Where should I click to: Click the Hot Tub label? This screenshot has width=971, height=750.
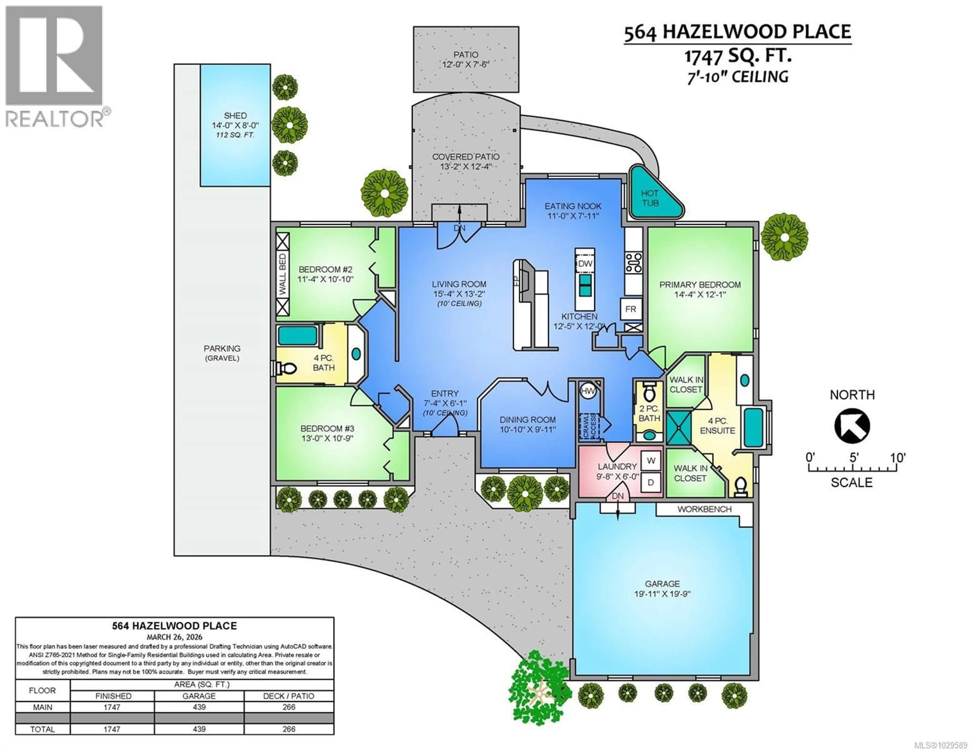(x=650, y=198)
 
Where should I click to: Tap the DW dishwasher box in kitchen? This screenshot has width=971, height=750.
(x=585, y=264)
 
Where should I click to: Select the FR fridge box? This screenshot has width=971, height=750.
(x=630, y=309)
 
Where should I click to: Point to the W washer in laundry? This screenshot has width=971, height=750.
(x=651, y=461)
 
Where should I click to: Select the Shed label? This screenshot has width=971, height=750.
(x=235, y=116)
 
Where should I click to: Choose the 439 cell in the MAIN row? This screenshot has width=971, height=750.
(x=199, y=707)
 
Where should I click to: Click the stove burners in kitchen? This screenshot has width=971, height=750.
(x=633, y=263)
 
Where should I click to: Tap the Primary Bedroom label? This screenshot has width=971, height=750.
(x=700, y=285)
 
